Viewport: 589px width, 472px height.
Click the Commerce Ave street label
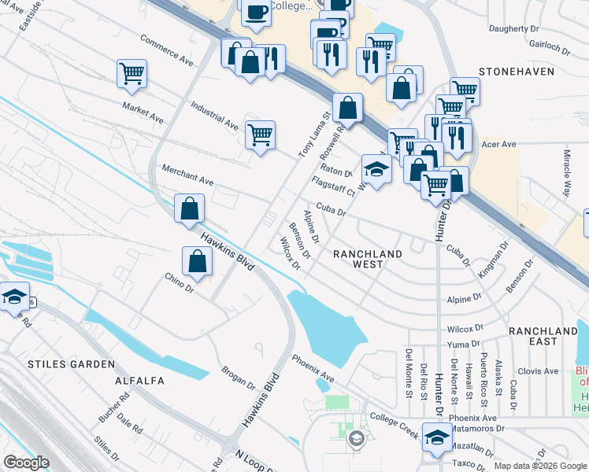click(167, 49)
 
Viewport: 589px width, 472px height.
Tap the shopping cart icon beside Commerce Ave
click(132, 73)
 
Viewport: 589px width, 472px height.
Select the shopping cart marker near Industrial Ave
click(260, 135)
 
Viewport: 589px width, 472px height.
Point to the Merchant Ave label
click(187, 175)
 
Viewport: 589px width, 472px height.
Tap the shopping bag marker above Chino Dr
click(197, 261)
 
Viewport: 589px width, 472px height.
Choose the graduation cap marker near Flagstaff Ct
click(376, 169)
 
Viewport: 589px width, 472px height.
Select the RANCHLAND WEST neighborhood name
click(368, 259)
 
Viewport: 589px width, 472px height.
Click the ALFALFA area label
click(139, 381)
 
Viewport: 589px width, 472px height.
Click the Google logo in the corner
click(26, 463)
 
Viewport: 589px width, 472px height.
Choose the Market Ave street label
click(143, 112)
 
